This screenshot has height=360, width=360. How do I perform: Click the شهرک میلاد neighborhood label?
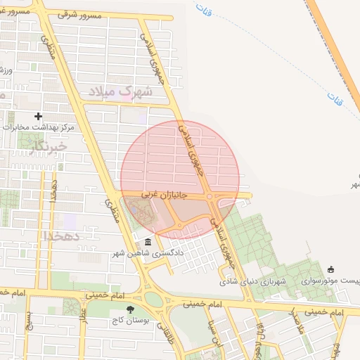[125, 91]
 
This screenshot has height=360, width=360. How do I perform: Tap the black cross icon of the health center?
[38, 116]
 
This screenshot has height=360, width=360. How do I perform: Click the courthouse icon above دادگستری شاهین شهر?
[148, 241]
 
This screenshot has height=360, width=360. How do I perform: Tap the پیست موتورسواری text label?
[330, 281]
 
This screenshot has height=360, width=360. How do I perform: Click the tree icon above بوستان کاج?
[129, 309]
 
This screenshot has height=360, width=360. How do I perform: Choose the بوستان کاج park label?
[129, 320]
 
